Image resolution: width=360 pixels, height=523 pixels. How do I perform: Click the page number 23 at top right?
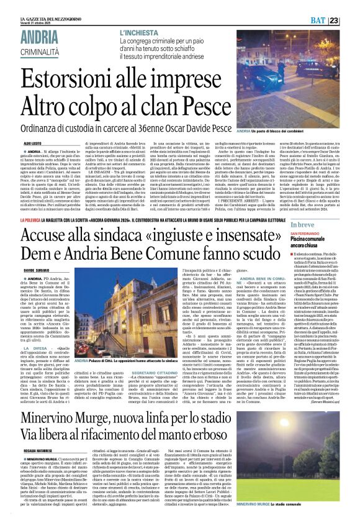351,21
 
